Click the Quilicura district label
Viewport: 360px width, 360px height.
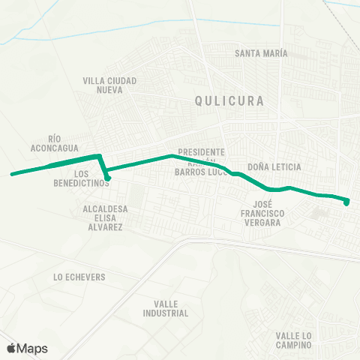tap(219, 100)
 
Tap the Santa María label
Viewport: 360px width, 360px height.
tap(261, 53)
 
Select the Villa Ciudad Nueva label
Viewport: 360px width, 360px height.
tap(109, 85)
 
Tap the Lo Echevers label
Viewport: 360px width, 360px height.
tap(79, 277)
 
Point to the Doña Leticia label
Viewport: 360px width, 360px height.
tap(274, 166)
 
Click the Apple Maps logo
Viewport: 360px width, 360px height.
tap(26, 348)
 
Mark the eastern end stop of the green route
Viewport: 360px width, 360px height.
tap(346, 201)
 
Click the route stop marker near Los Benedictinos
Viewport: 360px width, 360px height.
tap(109, 178)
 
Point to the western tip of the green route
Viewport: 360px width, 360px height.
tap(11, 175)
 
